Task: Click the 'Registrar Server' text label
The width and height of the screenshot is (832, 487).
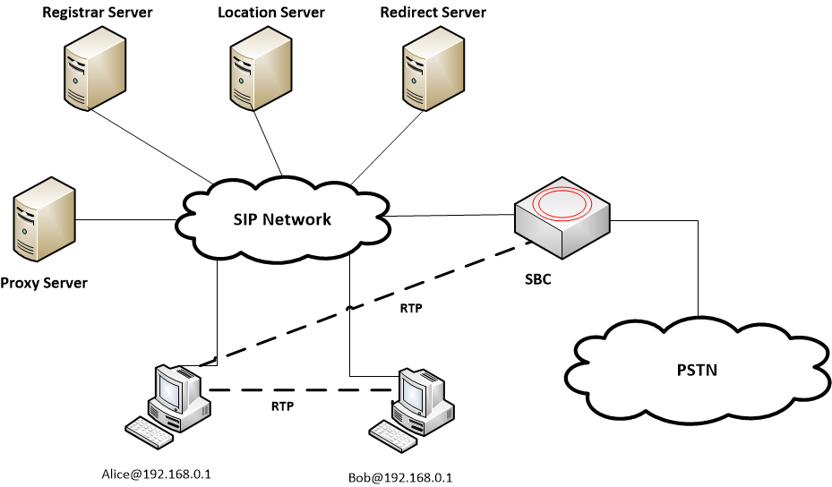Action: (x=98, y=13)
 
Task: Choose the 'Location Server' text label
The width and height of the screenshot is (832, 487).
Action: (x=271, y=13)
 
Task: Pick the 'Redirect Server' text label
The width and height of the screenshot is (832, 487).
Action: (x=433, y=13)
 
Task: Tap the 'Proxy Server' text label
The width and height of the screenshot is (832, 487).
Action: (x=45, y=283)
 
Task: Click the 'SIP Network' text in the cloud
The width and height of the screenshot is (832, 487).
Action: (x=282, y=219)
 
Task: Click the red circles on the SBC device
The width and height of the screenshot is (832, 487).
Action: (x=564, y=205)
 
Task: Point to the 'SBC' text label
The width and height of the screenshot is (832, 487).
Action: (x=537, y=279)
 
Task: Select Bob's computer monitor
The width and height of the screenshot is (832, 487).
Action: (x=414, y=390)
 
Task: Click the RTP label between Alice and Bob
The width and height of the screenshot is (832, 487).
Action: (x=283, y=406)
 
